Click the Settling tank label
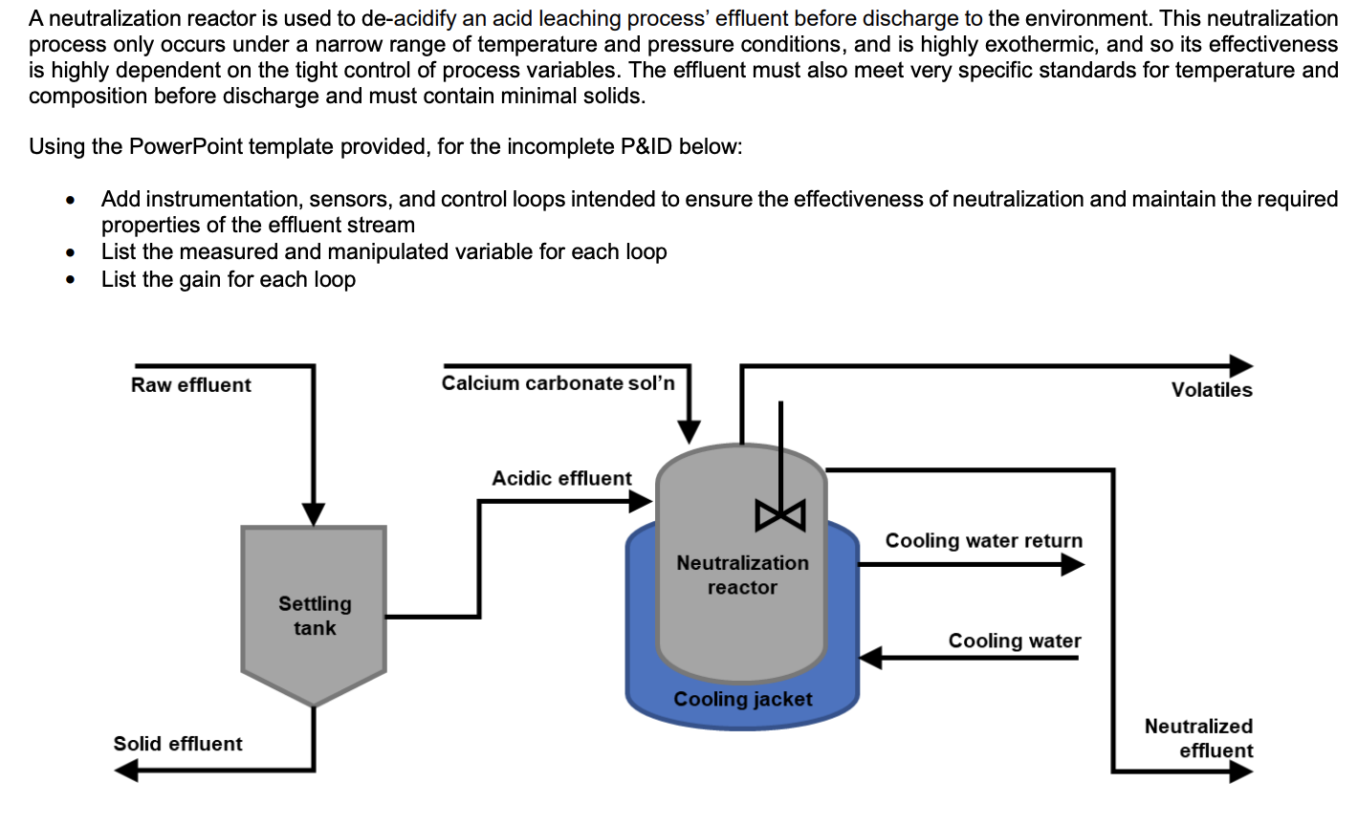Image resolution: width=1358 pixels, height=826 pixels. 315,616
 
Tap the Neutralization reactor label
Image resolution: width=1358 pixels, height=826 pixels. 743,575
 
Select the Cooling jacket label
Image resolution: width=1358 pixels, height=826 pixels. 743,700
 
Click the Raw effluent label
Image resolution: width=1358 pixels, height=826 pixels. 191,385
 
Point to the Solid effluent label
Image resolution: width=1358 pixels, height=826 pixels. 178,744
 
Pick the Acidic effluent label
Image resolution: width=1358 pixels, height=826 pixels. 561,478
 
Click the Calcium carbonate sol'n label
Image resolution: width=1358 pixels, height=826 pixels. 558,383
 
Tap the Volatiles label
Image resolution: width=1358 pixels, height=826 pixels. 1212,390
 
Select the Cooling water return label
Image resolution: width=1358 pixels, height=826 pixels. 984,540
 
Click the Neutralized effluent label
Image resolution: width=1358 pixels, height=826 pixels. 1198,738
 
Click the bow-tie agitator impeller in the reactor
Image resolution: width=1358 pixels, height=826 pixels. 780,515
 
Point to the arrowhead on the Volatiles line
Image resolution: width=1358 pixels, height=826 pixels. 1241,366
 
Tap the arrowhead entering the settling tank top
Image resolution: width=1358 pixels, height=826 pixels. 314,514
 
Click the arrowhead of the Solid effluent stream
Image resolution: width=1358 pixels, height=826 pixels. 126,771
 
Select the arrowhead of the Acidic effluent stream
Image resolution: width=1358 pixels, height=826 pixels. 640,501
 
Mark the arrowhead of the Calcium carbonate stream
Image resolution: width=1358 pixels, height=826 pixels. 689,433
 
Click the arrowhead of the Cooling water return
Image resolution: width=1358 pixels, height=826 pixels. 1072,565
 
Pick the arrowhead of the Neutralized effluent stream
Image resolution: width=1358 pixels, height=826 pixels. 1241,772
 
